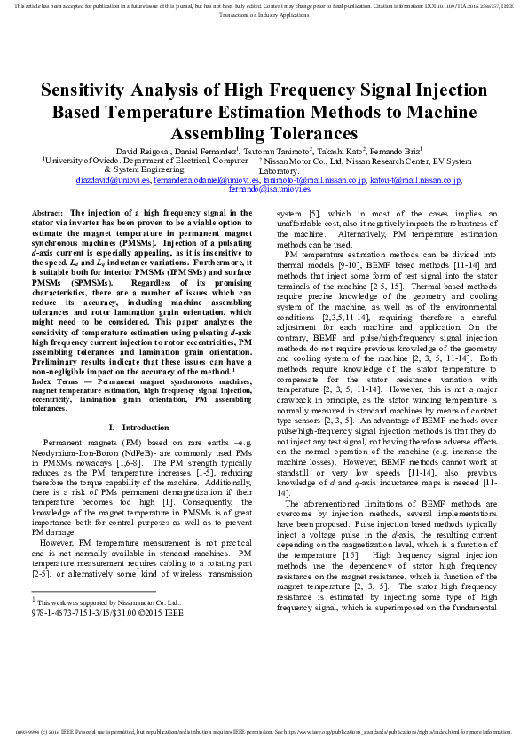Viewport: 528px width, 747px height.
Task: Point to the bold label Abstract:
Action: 47,214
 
